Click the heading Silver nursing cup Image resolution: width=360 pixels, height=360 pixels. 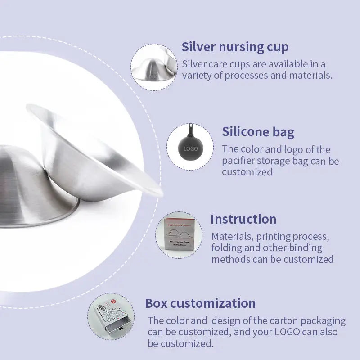coord(235,47)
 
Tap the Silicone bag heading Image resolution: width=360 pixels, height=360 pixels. coord(258,132)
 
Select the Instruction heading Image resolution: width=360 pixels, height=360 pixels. coord(243,219)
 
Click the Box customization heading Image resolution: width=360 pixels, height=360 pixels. coord(200,303)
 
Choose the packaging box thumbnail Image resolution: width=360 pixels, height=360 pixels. coord(111,317)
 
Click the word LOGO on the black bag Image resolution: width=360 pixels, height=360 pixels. coord(191,149)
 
